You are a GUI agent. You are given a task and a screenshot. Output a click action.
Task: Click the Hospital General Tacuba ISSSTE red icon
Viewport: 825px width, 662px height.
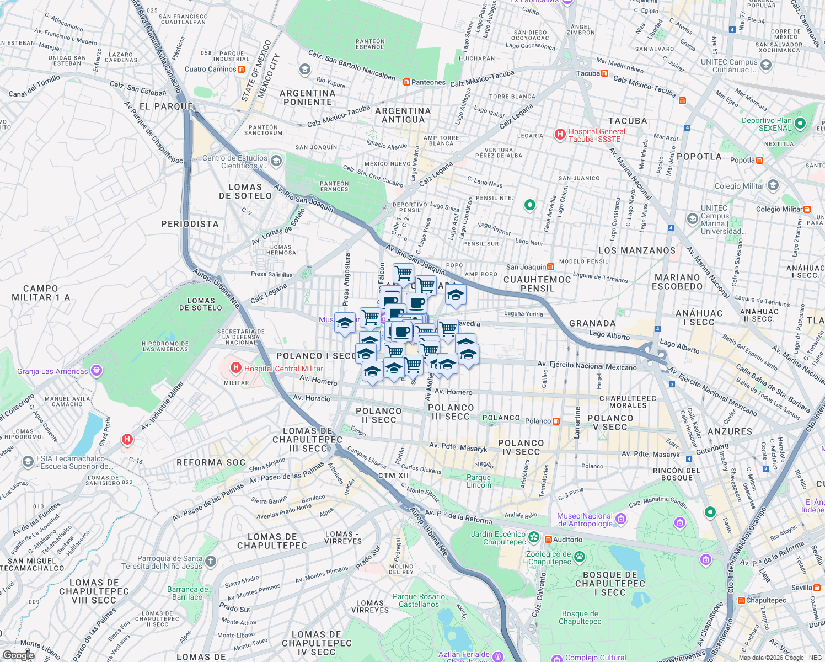(x=560, y=135)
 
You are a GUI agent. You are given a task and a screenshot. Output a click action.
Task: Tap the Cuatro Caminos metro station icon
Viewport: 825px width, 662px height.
(x=241, y=70)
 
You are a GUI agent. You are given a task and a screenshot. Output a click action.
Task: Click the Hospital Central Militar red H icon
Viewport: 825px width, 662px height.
(x=236, y=368)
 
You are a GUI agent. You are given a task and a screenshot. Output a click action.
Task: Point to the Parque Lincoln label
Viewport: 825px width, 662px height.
(x=479, y=481)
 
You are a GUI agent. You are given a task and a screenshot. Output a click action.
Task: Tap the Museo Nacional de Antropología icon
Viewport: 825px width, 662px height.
(x=620, y=519)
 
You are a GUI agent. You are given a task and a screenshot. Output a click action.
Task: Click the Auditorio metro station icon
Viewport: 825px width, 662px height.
(x=548, y=540)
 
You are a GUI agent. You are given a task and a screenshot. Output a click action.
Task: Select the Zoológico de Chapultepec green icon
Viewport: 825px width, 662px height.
(x=579, y=557)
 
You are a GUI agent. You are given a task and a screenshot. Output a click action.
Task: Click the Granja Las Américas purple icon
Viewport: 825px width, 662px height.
(x=97, y=371)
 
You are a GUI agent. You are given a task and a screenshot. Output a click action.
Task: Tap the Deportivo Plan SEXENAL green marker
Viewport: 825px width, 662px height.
(x=800, y=124)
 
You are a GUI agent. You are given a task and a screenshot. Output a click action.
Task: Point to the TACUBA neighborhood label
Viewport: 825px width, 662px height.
(x=627, y=121)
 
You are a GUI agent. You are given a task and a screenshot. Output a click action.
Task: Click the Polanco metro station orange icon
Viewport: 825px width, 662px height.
(x=556, y=421)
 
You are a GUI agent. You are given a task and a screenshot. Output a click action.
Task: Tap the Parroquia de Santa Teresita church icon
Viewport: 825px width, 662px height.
(x=211, y=562)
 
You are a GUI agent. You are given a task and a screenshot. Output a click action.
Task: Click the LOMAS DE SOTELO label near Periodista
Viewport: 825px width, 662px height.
(x=245, y=191)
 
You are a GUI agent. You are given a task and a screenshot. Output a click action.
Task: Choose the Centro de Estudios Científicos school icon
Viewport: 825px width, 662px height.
(x=276, y=161)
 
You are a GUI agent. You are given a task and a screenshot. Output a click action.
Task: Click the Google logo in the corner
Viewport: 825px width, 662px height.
(x=18, y=655)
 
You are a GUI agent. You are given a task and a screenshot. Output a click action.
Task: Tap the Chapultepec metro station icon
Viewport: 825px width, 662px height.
(x=741, y=600)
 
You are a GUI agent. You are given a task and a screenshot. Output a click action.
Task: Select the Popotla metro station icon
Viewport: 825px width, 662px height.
(x=760, y=161)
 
